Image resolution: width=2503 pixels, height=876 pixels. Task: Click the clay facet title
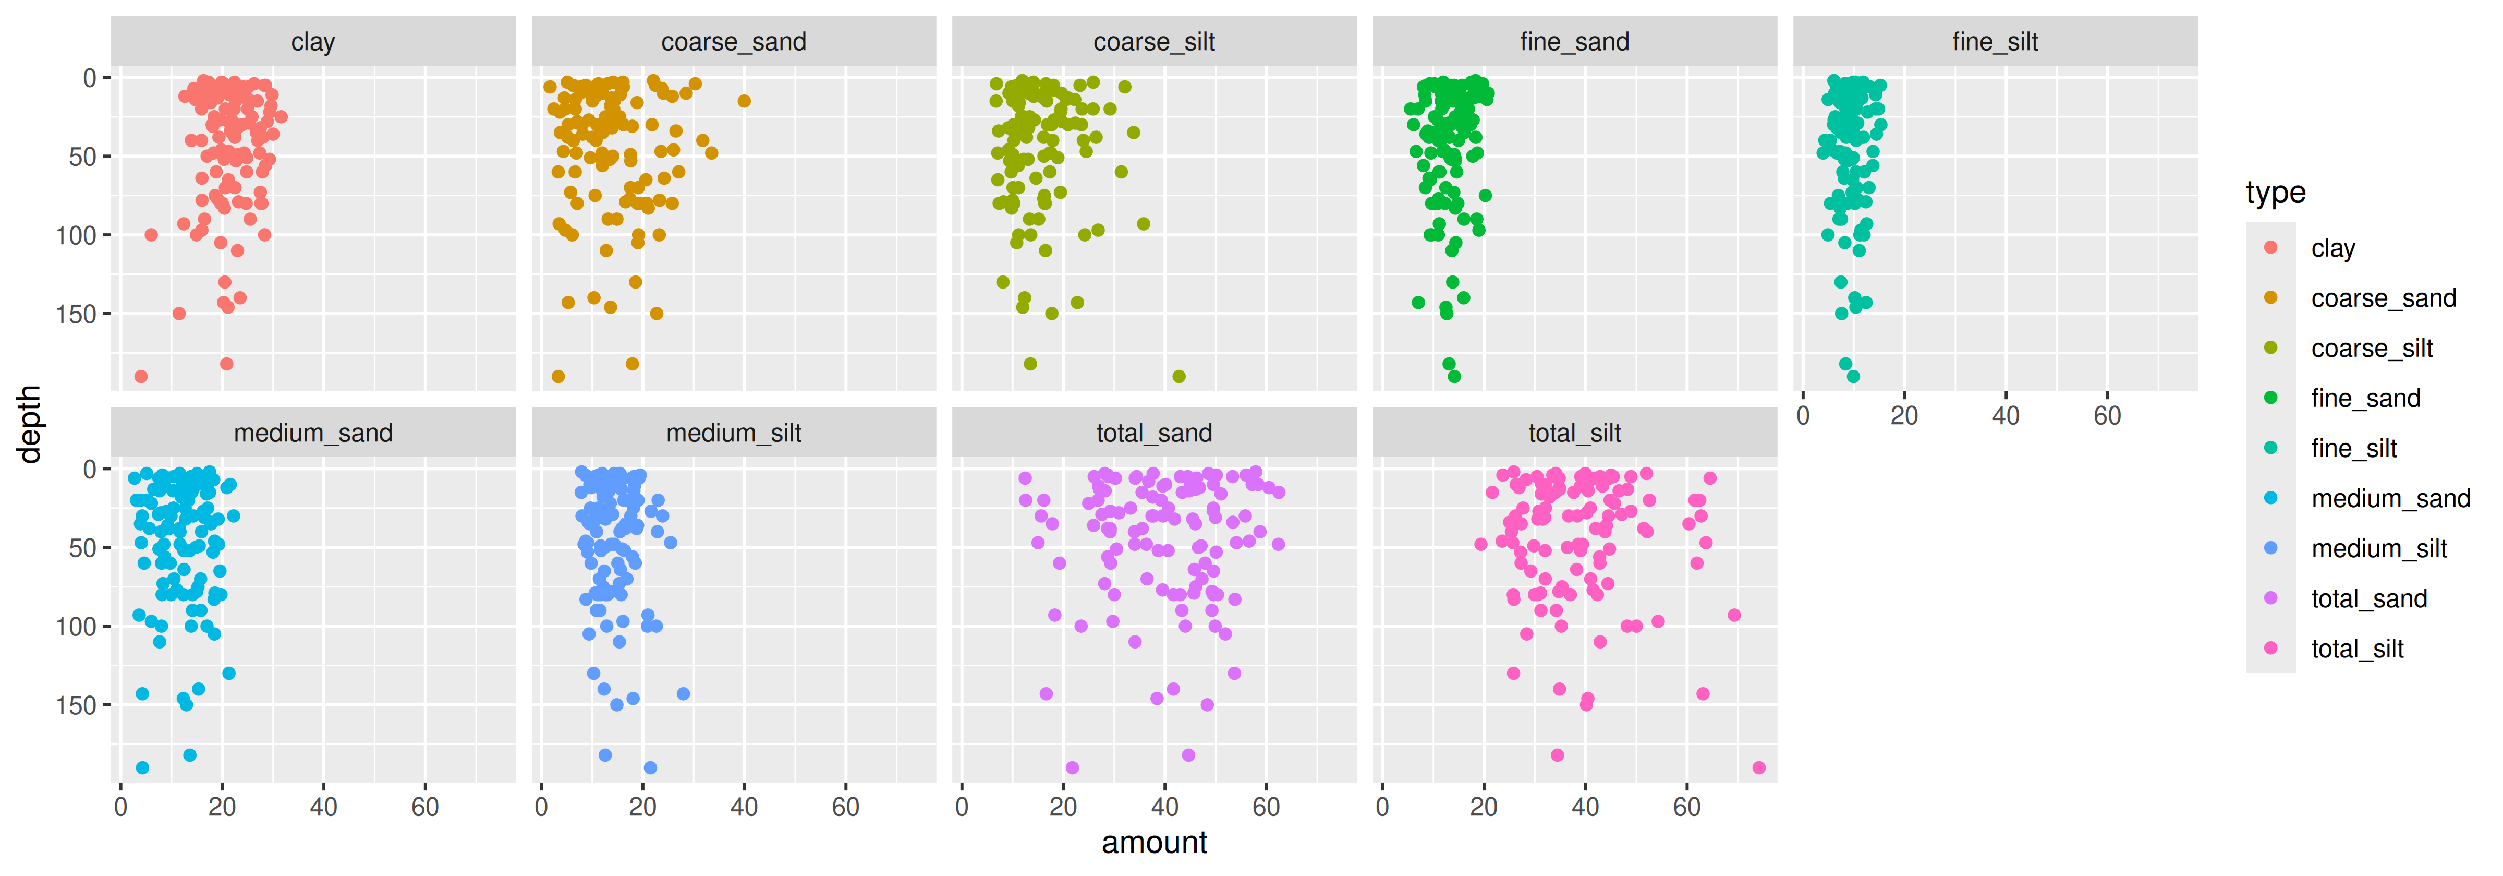313,42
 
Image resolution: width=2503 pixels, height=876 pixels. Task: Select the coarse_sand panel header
734,42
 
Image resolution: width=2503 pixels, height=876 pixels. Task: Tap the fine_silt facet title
1995,42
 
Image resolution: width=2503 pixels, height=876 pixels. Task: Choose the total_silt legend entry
2356,649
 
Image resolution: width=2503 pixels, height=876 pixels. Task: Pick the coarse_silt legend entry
2371,348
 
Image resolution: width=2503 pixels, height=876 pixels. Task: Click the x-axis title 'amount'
1155,842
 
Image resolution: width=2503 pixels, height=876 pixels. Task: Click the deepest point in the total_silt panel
1758,768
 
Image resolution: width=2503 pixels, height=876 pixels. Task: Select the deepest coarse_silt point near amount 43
1178,376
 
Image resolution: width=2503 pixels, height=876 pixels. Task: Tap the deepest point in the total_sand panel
1072,768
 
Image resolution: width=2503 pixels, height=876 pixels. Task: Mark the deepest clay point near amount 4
141,376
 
